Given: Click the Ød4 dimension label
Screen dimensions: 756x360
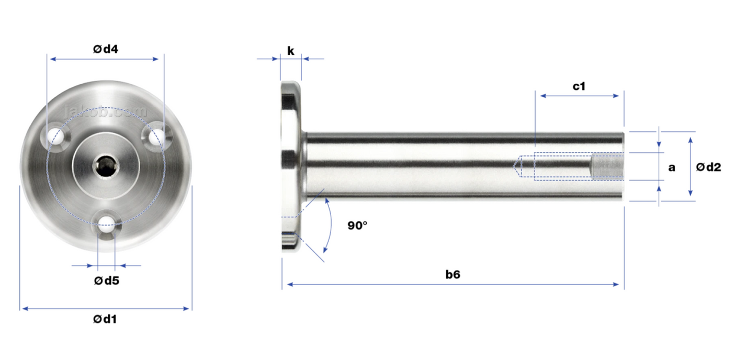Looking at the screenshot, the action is coord(106,49).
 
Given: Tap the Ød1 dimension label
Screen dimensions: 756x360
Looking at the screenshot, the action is coord(105,319).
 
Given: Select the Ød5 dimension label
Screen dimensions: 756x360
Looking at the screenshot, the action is coord(107,280).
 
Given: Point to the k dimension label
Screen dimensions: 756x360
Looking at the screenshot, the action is coord(290,51).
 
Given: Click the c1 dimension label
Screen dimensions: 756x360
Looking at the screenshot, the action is coord(579,86).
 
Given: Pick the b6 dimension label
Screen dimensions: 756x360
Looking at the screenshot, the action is coord(453,275).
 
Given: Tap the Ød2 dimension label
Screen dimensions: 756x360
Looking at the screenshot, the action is coord(708,167).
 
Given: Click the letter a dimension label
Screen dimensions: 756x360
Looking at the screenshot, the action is coord(672,167).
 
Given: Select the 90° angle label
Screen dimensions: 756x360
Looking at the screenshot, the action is coord(357,226).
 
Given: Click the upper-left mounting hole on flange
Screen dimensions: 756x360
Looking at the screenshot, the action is coord(55,136).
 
